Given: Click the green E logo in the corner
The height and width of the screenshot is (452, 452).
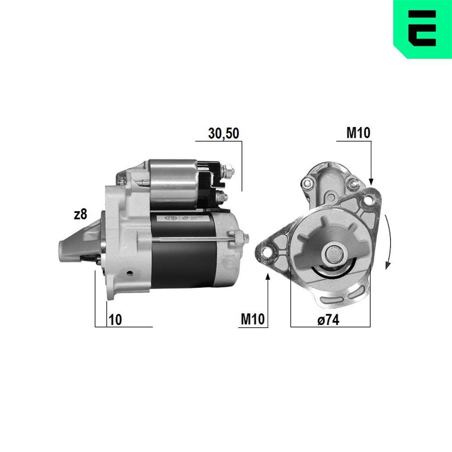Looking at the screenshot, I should pos(423,29).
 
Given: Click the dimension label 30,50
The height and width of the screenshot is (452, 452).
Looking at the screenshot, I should pos(223,133).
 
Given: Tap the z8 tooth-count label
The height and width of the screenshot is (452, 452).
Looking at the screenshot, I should pos(80,215).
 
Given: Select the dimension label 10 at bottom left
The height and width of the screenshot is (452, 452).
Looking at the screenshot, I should pos(115,320).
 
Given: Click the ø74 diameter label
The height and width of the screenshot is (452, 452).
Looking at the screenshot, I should pos(328,320).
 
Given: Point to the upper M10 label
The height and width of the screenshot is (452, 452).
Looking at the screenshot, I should pos(358,133).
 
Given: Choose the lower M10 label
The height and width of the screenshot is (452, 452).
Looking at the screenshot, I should pos(252,320).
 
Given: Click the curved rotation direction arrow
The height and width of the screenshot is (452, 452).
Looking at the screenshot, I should pos(388,242).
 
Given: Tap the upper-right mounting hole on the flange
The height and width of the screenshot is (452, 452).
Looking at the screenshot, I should pos(372,199).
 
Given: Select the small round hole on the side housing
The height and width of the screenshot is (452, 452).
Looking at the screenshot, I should pos(130,273).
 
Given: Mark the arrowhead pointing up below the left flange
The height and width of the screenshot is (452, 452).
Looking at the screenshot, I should pos(268,276).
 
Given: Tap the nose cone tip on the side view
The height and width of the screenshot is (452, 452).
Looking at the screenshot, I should pos(63,251).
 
